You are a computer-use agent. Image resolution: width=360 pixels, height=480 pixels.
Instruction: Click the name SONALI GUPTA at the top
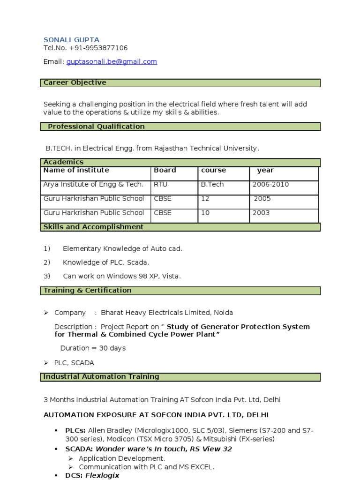[x=71, y=40]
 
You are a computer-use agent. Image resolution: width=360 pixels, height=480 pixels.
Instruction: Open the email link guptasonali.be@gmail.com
[x=112, y=61]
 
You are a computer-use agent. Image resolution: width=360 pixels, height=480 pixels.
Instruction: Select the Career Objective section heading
[x=75, y=82]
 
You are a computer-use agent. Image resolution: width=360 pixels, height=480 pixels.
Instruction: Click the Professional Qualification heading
[x=96, y=127]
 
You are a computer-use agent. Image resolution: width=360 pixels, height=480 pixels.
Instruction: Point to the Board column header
[x=165, y=170]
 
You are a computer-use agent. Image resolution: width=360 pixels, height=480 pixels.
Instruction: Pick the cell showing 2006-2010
[x=270, y=184]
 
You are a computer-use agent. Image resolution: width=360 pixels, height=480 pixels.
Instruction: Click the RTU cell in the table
[x=160, y=184]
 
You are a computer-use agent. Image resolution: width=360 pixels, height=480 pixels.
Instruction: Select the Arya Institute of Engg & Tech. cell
[x=94, y=184]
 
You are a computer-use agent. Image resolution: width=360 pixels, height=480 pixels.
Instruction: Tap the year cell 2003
[x=261, y=212]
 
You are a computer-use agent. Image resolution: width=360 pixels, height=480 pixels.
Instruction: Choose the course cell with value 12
[x=205, y=198]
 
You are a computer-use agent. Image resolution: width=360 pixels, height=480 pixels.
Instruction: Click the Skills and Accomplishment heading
[x=93, y=227]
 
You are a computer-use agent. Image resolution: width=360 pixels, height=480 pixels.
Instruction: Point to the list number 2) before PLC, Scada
[x=47, y=262]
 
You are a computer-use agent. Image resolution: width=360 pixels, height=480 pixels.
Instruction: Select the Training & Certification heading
[x=88, y=291]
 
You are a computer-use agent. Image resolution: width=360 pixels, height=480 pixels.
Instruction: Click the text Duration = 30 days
[x=93, y=348]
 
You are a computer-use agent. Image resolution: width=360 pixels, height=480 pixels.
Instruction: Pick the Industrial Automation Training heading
[x=101, y=376]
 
